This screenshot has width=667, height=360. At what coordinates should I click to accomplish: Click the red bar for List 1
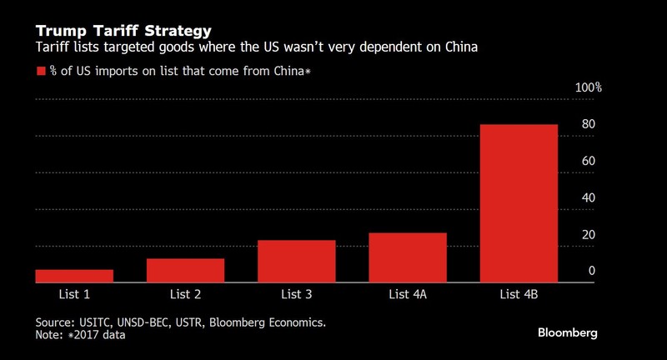point(74,276)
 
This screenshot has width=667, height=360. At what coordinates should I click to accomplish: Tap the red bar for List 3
point(296,262)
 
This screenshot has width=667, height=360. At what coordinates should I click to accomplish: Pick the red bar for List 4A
point(407,257)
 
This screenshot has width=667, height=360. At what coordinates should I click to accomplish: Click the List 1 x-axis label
point(74,295)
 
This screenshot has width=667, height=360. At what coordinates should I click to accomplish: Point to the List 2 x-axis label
point(185,295)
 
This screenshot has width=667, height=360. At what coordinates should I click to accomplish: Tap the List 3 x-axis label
point(296,295)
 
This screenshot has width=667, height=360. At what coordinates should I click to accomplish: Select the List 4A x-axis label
point(407,295)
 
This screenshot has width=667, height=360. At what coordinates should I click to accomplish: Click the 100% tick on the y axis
point(589,87)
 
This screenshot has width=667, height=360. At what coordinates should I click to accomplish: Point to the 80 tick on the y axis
point(588,124)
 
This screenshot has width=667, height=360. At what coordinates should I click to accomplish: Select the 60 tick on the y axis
point(588,161)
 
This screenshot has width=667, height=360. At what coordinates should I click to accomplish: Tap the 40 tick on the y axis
point(588,197)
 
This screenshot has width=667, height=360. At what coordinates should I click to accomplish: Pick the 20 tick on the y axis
point(588,234)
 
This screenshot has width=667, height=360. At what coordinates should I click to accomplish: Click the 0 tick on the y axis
point(591,271)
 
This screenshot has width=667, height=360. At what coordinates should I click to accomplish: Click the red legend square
point(40,72)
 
